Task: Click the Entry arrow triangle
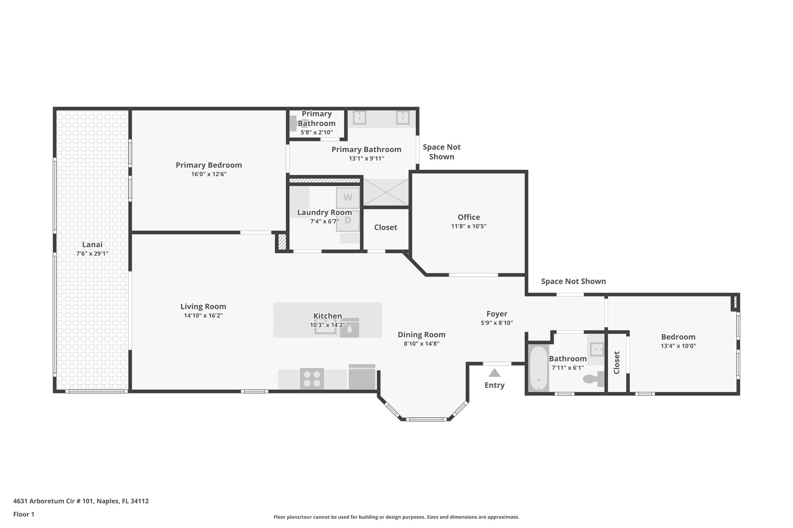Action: (x=494, y=373)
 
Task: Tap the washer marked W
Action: (x=347, y=198)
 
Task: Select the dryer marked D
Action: (x=347, y=220)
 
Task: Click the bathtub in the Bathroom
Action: (x=538, y=369)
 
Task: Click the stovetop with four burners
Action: (x=312, y=379)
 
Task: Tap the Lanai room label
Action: (x=92, y=244)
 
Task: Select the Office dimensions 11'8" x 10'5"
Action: (x=469, y=226)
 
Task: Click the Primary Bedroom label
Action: (x=209, y=165)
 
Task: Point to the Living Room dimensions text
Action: (x=203, y=316)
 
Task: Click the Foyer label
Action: (x=497, y=314)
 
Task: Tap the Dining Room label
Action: (x=421, y=335)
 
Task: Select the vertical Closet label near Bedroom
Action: (x=617, y=362)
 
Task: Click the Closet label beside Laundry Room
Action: (x=385, y=227)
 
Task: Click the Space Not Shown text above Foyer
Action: (x=573, y=282)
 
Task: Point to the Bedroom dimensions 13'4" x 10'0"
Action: (x=678, y=346)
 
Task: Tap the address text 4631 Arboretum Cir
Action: (x=81, y=501)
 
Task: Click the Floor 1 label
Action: (x=24, y=514)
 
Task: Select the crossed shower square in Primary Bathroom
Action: (x=386, y=192)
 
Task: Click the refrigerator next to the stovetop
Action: (x=362, y=377)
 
